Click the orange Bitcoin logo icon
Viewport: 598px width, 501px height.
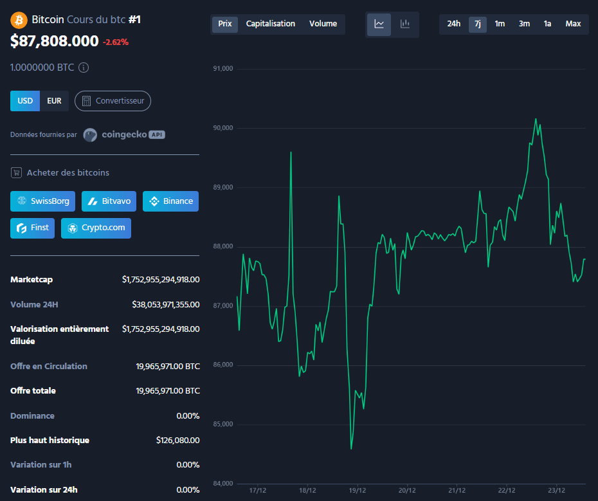coord(19,19)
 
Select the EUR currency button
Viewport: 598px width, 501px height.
coord(54,101)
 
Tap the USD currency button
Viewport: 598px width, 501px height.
coord(25,101)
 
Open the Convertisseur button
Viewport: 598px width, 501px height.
coord(113,101)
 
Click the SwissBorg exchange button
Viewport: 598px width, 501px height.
coord(43,201)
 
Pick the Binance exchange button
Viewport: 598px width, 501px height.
coord(170,201)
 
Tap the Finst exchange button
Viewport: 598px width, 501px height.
coord(33,228)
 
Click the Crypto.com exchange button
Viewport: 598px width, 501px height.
coord(96,228)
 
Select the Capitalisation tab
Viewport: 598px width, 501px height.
coord(271,24)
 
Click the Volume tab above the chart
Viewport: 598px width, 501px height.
coord(323,24)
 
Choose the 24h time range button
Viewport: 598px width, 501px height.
coord(454,24)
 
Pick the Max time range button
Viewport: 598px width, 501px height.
coord(573,24)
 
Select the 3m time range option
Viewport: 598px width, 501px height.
coord(524,24)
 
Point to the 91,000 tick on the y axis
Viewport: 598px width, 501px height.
coord(223,69)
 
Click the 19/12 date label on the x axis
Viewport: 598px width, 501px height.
coord(357,490)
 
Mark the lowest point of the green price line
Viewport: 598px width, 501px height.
coord(351,449)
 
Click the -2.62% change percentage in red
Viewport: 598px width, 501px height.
coord(116,42)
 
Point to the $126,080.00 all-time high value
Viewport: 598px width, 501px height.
coord(177,441)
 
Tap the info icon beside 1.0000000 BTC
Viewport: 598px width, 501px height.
coord(84,67)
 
